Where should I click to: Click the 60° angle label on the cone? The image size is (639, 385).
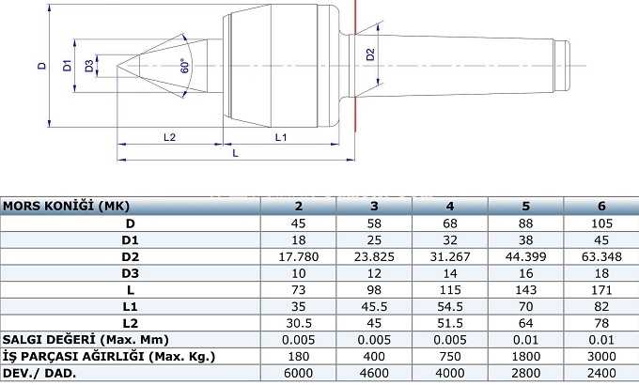point(185,66)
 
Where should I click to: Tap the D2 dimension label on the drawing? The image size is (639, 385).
point(370,54)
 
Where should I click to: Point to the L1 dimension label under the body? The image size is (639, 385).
point(281,137)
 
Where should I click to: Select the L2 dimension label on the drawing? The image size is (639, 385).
point(169,137)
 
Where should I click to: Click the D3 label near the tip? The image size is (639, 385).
point(89,65)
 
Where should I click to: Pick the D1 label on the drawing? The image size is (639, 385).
point(67,65)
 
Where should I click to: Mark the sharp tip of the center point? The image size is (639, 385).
point(117,66)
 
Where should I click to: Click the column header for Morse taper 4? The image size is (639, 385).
point(450,207)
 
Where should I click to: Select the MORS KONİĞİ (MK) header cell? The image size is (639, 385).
point(66,207)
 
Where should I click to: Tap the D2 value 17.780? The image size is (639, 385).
point(298,256)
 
